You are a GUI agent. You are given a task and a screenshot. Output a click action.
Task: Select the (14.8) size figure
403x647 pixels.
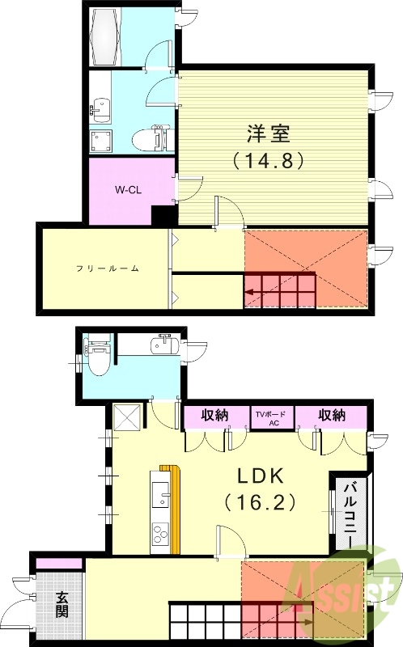click(268, 160)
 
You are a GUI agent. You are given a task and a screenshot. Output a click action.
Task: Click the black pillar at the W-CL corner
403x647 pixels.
click(164, 217)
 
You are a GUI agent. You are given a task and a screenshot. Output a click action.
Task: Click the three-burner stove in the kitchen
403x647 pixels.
click(159, 535)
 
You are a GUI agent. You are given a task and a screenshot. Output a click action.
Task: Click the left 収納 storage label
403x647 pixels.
click(214, 415)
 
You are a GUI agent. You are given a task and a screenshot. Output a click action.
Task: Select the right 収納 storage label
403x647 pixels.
click(332, 415)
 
